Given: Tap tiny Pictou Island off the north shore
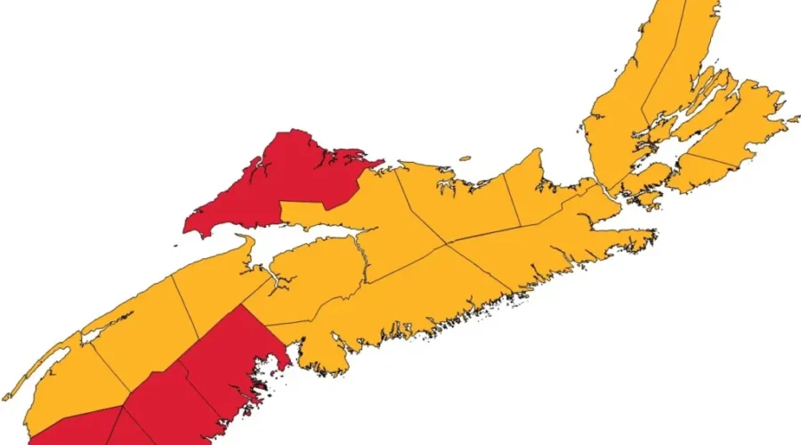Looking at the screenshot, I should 465,159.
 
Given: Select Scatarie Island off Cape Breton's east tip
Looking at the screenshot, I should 792,117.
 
